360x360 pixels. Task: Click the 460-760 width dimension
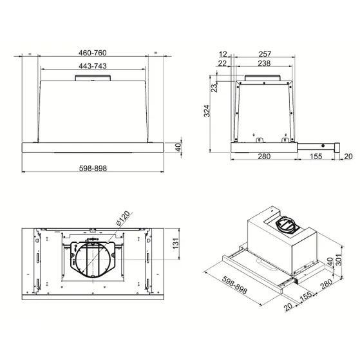point(93,53)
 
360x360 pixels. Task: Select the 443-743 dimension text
point(93,66)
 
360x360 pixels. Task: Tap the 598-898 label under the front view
point(93,168)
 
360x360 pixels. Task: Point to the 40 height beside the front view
point(178,147)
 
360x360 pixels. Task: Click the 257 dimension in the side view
point(265,54)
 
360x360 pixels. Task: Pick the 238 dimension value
point(264,63)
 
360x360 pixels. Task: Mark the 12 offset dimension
point(223,54)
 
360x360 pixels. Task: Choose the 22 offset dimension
point(222,63)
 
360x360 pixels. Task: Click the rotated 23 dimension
point(214,88)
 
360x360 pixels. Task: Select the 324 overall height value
point(207,111)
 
